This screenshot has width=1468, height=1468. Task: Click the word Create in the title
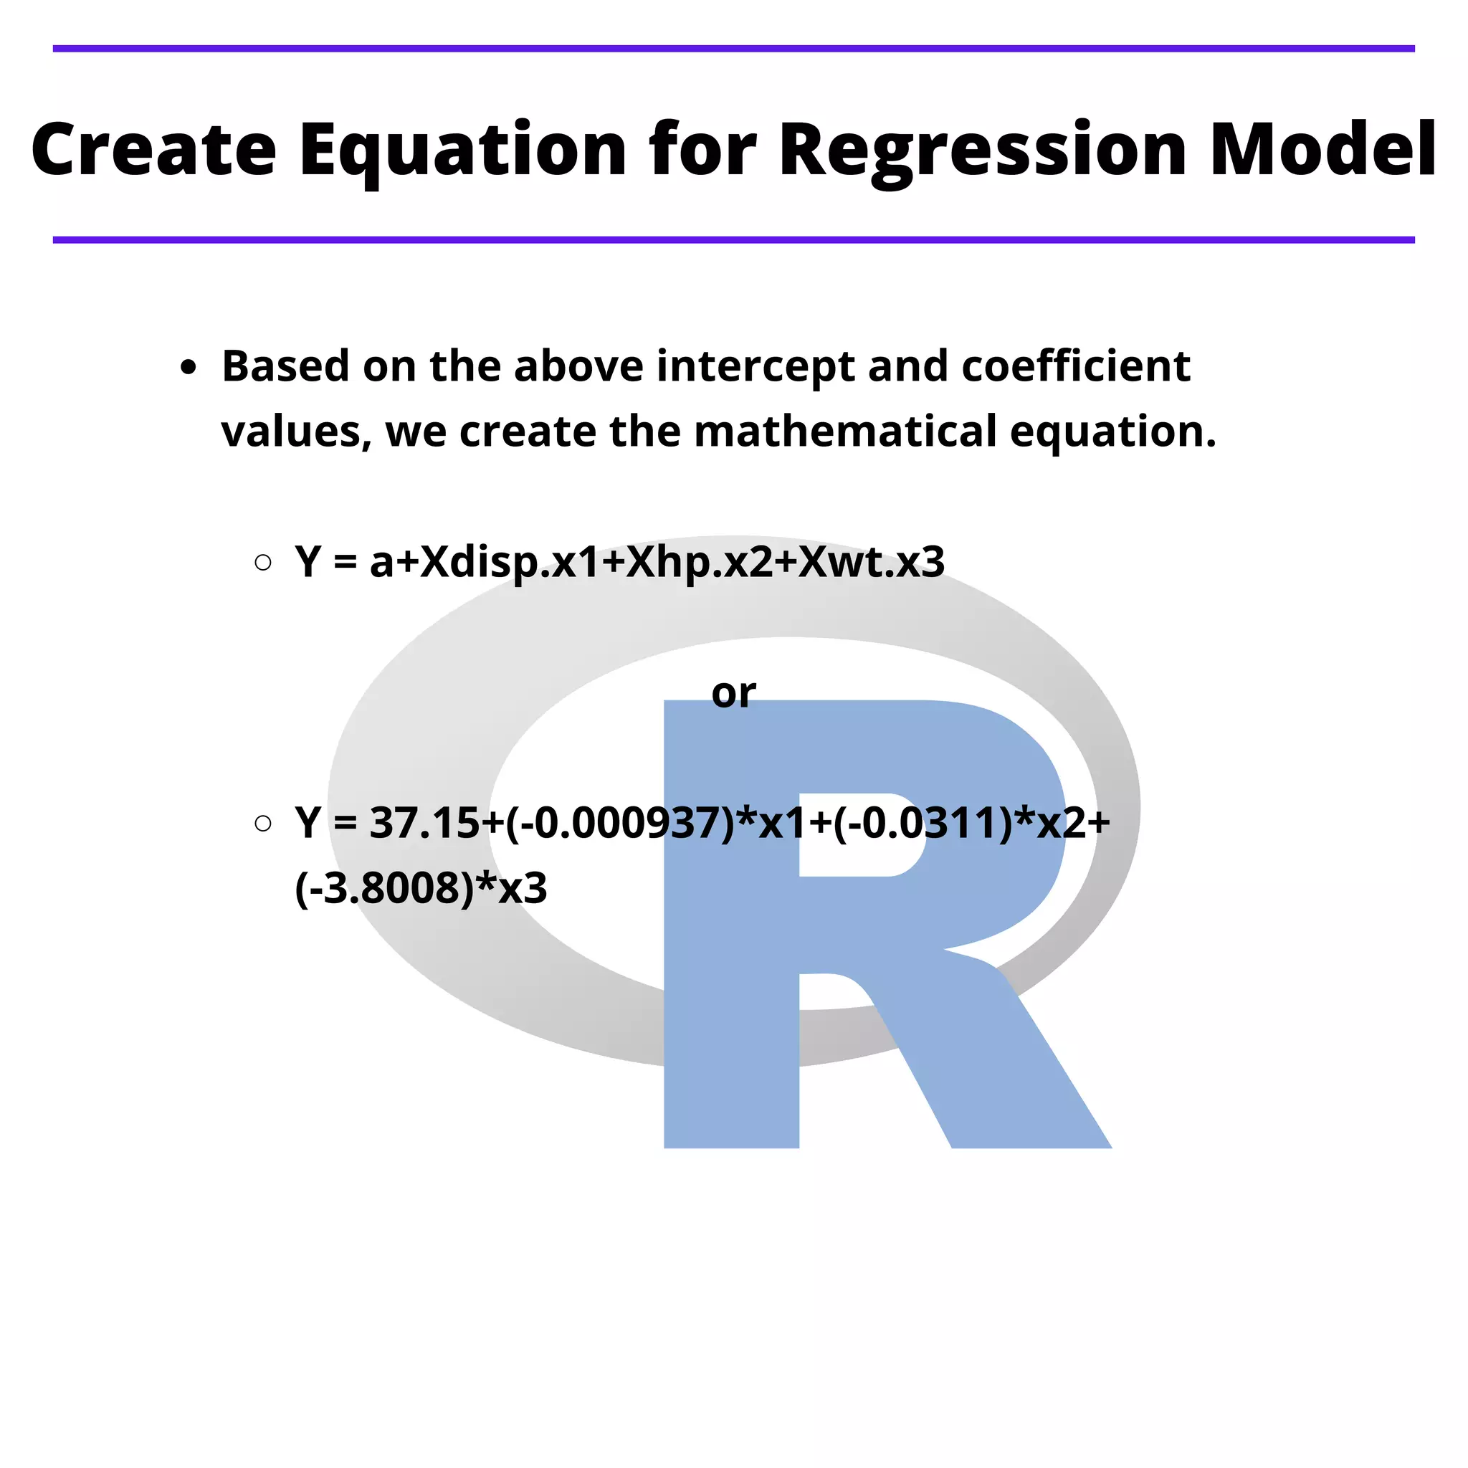(154, 150)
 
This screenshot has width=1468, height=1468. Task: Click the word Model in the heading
(1322, 150)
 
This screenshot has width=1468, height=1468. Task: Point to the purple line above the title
(733, 49)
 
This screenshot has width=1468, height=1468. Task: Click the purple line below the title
(733, 240)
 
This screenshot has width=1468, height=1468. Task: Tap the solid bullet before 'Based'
(189, 368)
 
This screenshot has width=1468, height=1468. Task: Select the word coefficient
(1075, 367)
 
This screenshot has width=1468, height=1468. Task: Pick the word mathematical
(845, 432)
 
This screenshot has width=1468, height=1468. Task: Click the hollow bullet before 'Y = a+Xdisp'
(263, 562)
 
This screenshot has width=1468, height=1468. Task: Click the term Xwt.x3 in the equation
(871, 563)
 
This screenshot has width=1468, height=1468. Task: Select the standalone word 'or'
(733, 693)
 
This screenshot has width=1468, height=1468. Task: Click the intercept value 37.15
(424, 823)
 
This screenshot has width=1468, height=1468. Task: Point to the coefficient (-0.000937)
(620, 823)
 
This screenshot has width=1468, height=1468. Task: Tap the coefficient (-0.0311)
(923, 823)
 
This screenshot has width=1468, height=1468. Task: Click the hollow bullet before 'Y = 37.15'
(263, 823)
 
